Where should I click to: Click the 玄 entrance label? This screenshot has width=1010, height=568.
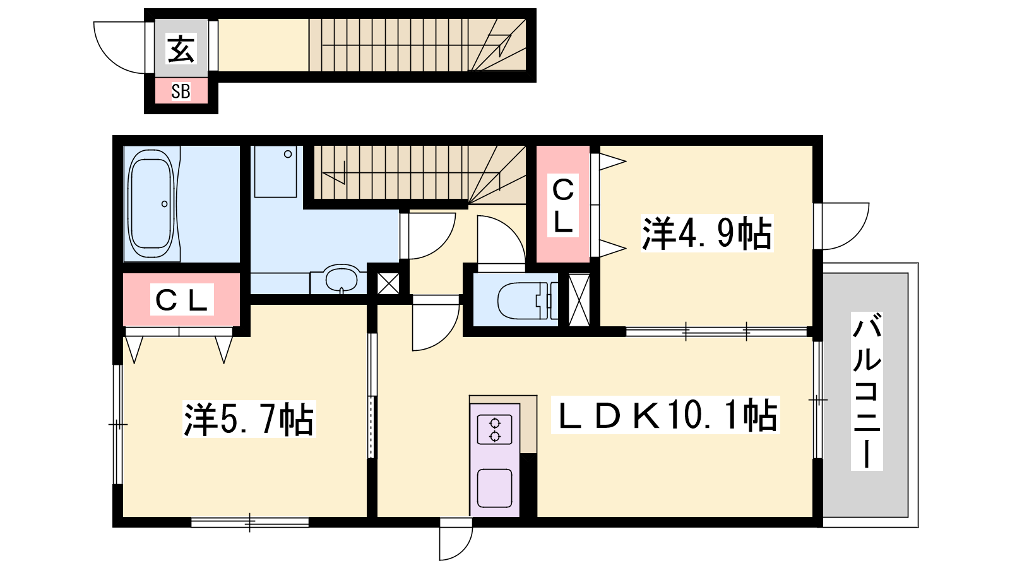[x=181, y=49]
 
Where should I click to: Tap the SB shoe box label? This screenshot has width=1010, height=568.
[x=181, y=92]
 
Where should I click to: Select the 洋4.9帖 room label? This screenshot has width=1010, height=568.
[x=706, y=233]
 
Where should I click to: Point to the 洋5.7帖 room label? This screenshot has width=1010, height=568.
[x=249, y=419]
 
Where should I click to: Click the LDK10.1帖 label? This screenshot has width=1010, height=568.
[x=666, y=415]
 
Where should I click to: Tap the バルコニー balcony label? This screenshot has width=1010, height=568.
[x=867, y=391]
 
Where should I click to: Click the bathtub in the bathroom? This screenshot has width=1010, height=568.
[x=151, y=203]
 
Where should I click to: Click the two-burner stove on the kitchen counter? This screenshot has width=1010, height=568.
[x=495, y=430]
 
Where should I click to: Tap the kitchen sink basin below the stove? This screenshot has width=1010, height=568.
[x=495, y=488]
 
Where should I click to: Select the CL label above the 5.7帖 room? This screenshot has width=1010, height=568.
[x=181, y=300]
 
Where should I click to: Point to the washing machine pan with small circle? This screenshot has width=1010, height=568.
[x=275, y=172]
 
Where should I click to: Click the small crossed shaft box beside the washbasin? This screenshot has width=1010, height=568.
[x=388, y=284]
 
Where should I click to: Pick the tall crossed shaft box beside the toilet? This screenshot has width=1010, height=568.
[x=579, y=300]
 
